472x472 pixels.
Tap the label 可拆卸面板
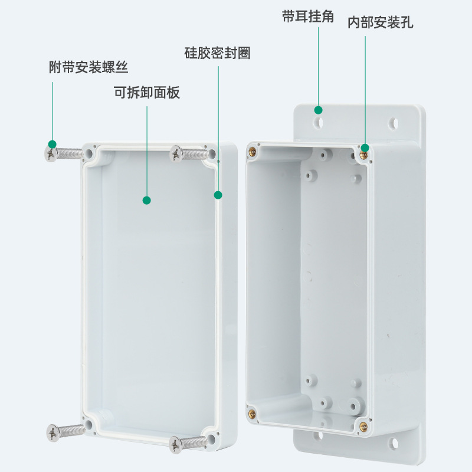coord(146,93)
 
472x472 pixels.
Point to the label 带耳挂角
coord(308,17)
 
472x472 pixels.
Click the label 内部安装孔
coord(380,22)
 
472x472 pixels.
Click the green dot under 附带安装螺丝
coord(53,144)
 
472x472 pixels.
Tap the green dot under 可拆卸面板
coord(147,200)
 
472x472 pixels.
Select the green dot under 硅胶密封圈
coord(218,194)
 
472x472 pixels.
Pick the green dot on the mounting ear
coord(318,110)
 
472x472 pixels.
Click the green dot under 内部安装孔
coord(365,147)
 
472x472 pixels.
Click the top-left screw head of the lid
coord(51,155)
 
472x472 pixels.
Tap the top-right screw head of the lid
coord(176,154)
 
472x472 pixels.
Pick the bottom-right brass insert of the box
coord(363,425)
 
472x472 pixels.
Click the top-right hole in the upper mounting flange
coord(393,124)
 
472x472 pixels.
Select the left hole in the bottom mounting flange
coord(318,437)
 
